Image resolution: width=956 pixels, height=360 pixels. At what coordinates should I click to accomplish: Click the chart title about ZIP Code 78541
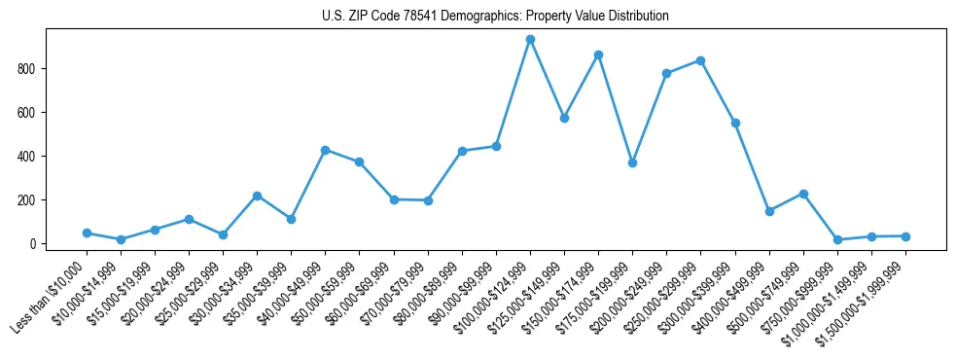[495, 17]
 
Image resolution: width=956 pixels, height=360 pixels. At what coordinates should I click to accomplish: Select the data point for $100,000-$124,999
[530, 39]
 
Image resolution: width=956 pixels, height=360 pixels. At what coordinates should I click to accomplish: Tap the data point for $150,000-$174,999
[598, 54]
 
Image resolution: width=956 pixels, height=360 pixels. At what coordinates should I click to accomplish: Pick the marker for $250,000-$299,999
[700, 60]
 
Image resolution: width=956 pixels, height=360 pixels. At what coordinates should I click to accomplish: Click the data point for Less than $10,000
[87, 234]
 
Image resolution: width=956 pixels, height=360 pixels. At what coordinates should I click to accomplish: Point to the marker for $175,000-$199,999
[632, 162]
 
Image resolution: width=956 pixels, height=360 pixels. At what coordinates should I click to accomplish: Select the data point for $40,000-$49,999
[325, 150]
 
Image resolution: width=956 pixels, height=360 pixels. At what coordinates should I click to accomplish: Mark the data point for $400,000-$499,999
[769, 211]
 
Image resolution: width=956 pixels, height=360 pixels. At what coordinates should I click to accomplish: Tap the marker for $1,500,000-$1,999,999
[905, 236]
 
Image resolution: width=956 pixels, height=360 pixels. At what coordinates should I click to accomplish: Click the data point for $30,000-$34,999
[257, 196]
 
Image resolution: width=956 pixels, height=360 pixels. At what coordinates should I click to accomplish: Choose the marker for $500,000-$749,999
[803, 194]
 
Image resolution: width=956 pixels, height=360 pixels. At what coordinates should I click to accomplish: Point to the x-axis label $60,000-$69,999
[360, 294]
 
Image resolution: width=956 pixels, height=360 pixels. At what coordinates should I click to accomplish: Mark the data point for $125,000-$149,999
[564, 118]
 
